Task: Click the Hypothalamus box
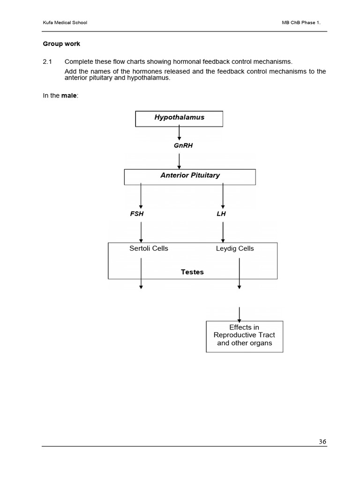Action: coord(179,119)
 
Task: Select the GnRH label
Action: coord(183,146)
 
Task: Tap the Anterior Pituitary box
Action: coord(190,177)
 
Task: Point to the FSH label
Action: coord(137,214)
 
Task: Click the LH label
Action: coord(221,214)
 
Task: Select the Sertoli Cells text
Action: coord(149,248)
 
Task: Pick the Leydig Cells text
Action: coord(235,248)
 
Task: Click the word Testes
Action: coord(192,272)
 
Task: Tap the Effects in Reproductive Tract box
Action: coord(244,336)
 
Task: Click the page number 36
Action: coord(322,441)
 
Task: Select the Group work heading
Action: coord(61,44)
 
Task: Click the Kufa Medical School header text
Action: coord(65,22)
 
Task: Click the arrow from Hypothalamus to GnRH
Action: coord(179,133)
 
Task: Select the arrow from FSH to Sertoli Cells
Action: coord(141,232)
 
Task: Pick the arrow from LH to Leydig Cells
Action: coord(223,232)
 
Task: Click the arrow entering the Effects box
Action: coord(240,314)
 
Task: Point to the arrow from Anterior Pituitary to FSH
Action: coord(141,196)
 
